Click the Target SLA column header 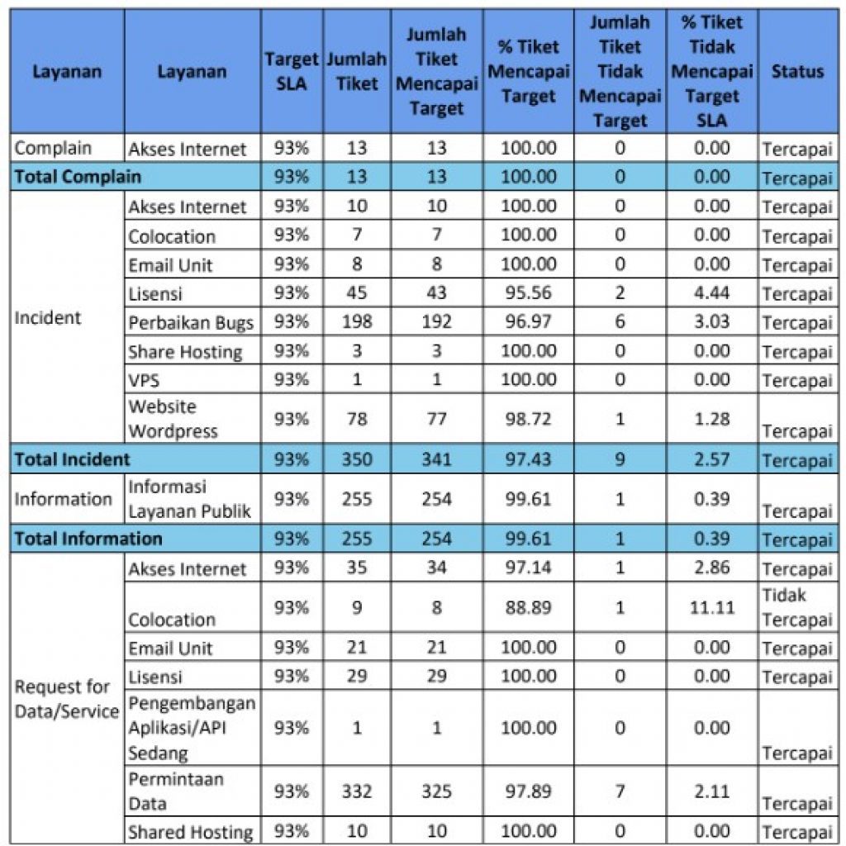(291, 72)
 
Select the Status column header (797, 72)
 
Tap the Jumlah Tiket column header (357, 72)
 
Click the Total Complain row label (78, 177)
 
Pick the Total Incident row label (72, 459)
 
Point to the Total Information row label (88, 539)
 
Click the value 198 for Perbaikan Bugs (357, 321)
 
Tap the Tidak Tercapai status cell (796, 608)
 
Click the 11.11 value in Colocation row (711, 608)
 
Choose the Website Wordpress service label (173, 419)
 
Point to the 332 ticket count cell (357, 791)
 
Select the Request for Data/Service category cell (67, 699)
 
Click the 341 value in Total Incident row (436, 459)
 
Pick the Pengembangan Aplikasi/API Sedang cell (192, 728)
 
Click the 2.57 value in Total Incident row (711, 459)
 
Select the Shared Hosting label (190, 832)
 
